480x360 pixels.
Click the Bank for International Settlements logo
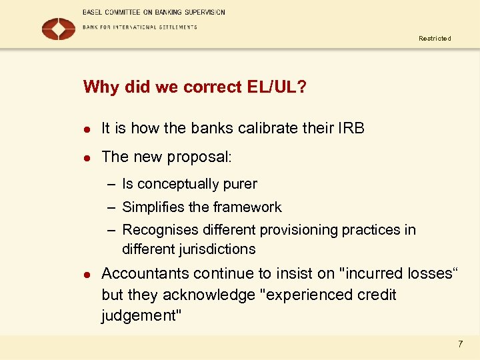pyautogui.click(x=59, y=28)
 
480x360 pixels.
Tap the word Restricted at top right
pyautogui.click(x=435, y=39)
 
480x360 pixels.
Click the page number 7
pyautogui.click(x=459, y=344)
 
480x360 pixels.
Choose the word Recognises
pyautogui.click(x=159, y=230)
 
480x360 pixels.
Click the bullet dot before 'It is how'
pyautogui.click(x=86, y=129)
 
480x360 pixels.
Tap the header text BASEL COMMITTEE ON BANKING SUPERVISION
pyautogui.click(x=154, y=12)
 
